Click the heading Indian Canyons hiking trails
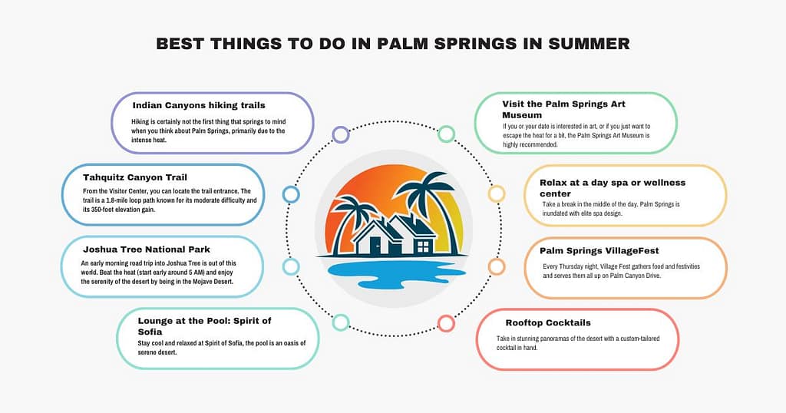[x=199, y=105]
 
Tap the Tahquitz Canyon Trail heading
[x=135, y=177]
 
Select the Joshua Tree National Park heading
[x=147, y=249]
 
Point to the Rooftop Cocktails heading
[x=548, y=322]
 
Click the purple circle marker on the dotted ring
[x=340, y=134]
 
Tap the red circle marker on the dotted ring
[x=446, y=323]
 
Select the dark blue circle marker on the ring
[x=291, y=194]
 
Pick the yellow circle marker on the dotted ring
[x=497, y=193]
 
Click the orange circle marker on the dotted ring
[x=497, y=266]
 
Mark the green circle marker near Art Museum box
[x=446, y=134]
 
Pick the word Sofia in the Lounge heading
[x=150, y=331]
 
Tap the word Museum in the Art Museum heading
[x=522, y=115]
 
